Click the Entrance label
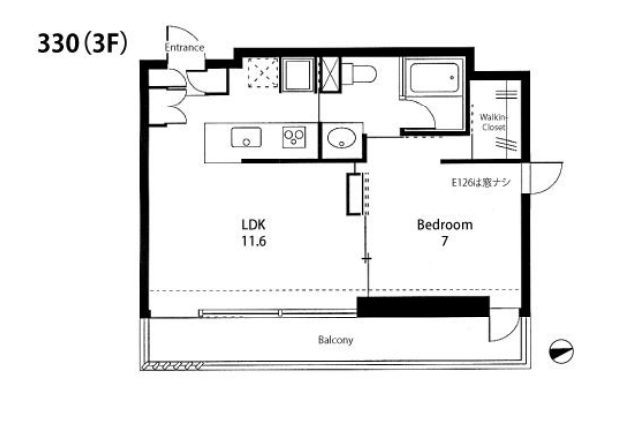coord(184,47)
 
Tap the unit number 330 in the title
coord(58,43)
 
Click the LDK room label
coord(253,224)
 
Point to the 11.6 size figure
coord(254,241)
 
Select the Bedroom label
coord(445,225)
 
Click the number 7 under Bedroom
coord(445,241)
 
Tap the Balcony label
coord(336,340)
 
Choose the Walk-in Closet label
coord(493,122)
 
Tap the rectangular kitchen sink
coord(246,137)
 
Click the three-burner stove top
coord(294,137)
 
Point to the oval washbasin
coord(342,138)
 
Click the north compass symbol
coord(561,351)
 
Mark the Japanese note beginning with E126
coord(480,183)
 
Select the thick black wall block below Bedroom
coord(424,307)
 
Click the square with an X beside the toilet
coord(329,74)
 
